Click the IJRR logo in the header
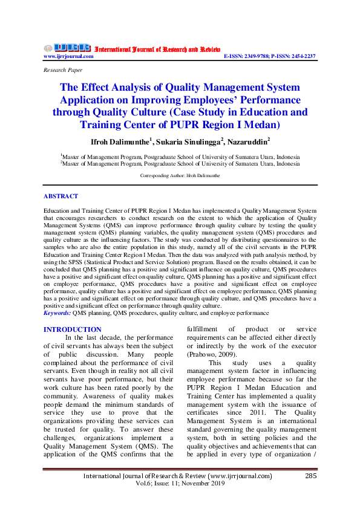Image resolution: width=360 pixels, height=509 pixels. pyautogui.click(x=67, y=48)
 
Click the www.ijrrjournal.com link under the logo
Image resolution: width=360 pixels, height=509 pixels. pyautogui.click(x=68, y=56)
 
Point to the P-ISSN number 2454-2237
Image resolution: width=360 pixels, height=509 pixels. pyautogui.click(x=302, y=56)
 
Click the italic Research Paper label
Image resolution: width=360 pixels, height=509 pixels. pyautogui.click(x=64, y=70)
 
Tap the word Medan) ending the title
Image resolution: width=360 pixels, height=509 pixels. pyautogui.click(x=261, y=125)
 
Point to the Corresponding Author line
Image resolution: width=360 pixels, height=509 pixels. pyautogui.click(x=180, y=175)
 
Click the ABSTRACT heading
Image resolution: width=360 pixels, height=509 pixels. pyautogui.click(x=61, y=196)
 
